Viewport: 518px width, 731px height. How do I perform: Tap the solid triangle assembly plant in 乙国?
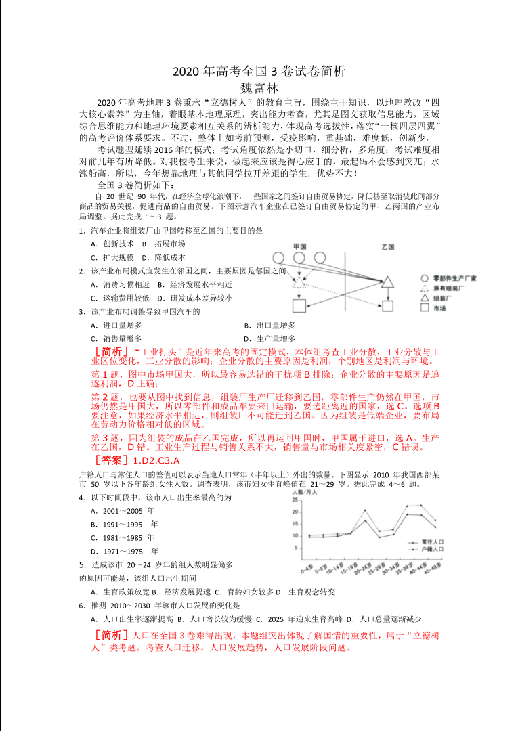[387, 282]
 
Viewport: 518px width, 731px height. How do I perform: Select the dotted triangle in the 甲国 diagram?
[299, 283]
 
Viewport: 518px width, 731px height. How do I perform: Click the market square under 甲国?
[299, 306]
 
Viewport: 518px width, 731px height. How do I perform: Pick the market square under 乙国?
[387, 306]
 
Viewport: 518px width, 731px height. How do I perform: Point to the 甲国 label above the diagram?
[300, 246]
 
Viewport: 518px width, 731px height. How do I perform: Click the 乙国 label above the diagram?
[387, 246]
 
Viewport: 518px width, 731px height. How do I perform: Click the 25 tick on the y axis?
[296, 500]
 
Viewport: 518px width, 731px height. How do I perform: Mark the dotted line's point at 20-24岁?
[366, 510]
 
